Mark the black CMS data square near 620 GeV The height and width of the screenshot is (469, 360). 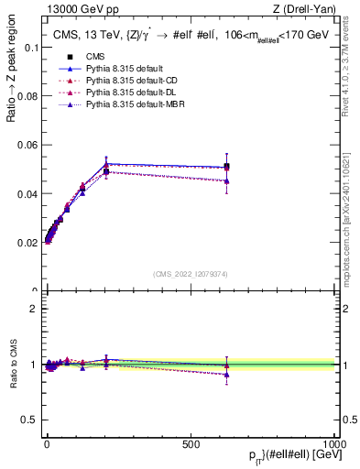(225, 167)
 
